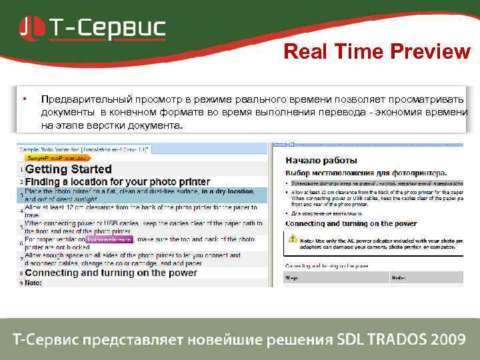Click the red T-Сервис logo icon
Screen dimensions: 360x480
(33, 27)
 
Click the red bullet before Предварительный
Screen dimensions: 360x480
(24, 99)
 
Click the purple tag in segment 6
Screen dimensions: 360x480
(110, 239)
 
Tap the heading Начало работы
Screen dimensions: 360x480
(321, 160)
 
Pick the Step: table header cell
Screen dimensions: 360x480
(293, 276)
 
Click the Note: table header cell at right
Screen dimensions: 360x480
(399, 276)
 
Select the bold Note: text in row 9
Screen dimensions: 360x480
(34, 283)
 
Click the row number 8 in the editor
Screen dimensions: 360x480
(21, 273)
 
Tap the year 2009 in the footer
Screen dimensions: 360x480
(448, 339)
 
